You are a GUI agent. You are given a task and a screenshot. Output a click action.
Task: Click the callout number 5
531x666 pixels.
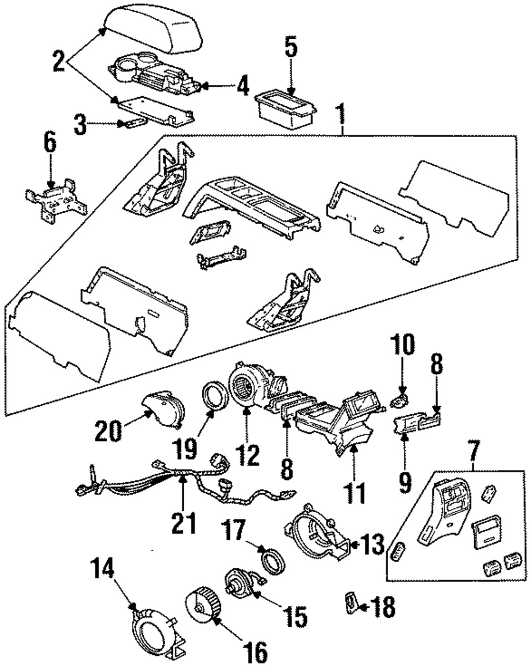pos(291,48)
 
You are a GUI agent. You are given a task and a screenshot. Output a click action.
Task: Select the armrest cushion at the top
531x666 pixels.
pos(153,30)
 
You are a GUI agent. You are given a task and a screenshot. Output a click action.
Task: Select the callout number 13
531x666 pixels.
pos(373,545)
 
